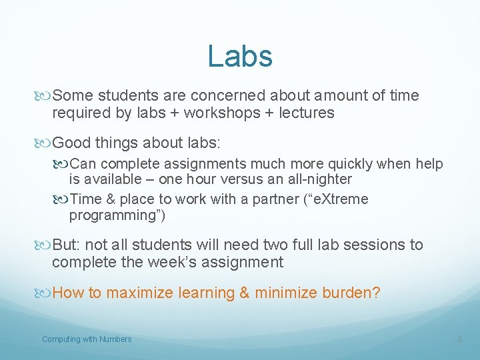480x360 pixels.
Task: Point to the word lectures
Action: [x=307, y=113]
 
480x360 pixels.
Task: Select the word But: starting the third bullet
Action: [x=67, y=245]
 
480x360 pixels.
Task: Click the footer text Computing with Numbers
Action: [x=87, y=339]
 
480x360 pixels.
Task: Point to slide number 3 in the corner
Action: [x=459, y=340]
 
